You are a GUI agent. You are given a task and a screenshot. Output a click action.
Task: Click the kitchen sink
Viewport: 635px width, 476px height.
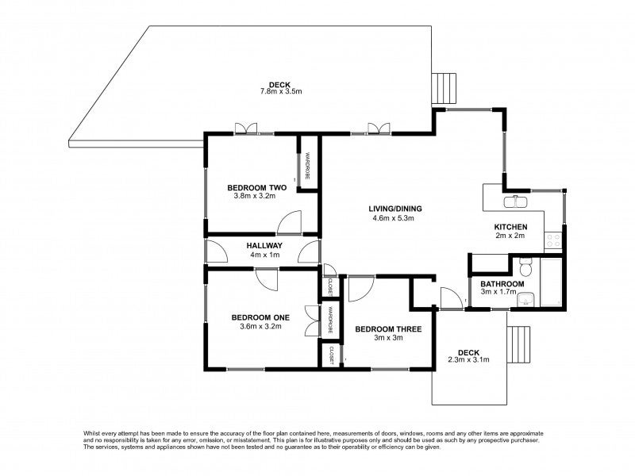tap(518, 201)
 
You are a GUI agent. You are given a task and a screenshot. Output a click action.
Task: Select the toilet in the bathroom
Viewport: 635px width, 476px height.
tap(522, 264)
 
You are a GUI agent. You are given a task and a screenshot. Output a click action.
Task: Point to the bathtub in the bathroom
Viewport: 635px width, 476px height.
tap(553, 282)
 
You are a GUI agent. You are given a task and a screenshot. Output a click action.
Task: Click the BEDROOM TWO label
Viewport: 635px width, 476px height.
tap(251, 187)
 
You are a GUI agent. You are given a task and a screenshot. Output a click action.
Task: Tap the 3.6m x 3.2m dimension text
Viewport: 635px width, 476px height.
tap(260, 326)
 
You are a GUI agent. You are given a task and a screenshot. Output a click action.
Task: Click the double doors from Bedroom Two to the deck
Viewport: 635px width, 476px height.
tap(246, 128)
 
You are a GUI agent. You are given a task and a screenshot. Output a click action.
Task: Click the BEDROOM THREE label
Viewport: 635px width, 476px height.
tap(388, 328)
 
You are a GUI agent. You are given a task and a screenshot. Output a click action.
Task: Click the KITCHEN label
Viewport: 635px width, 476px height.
tap(511, 226)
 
